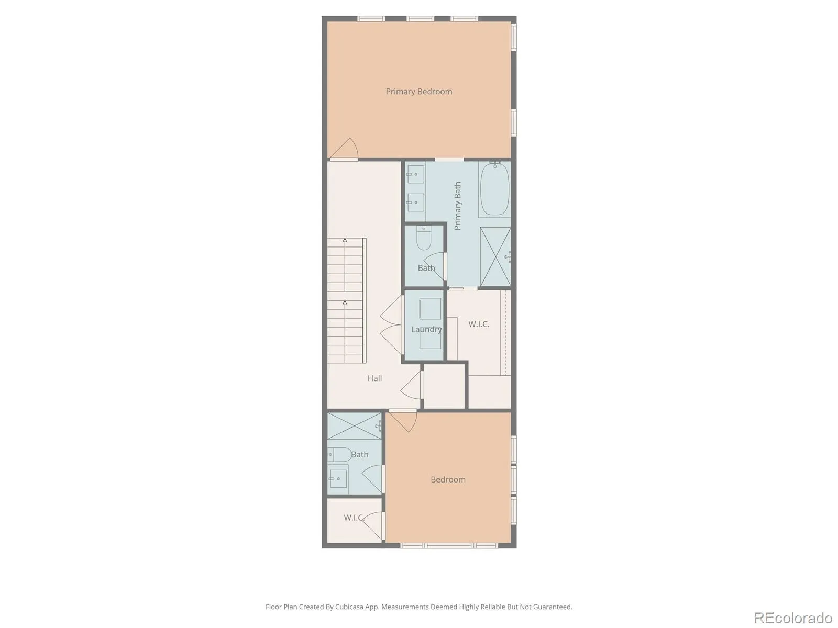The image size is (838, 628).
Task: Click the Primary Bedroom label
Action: pyautogui.click(x=419, y=92)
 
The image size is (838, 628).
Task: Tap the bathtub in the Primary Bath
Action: pyautogui.click(x=494, y=189)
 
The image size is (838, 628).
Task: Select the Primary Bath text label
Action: pyautogui.click(x=457, y=206)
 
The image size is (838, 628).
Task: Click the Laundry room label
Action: pyautogui.click(x=426, y=329)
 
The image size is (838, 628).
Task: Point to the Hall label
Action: pyautogui.click(x=374, y=378)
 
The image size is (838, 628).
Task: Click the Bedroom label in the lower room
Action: pyautogui.click(x=448, y=480)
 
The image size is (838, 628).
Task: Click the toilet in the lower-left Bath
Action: pyautogui.click(x=339, y=454)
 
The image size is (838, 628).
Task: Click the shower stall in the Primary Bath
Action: pyautogui.click(x=495, y=256)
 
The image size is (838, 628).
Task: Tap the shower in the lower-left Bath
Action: pyautogui.click(x=355, y=425)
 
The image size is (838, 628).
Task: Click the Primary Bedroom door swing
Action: pyautogui.click(x=344, y=148)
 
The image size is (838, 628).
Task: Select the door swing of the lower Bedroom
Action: pyautogui.click(x=403, y=421)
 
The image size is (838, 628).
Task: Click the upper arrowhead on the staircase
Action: pyautogui.click(x=345, y=240)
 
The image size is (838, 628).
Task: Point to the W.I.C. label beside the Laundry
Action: pyautogui.click(x=479, y=324)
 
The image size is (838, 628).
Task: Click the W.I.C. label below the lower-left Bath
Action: pyautogui.click(x=354, y=518)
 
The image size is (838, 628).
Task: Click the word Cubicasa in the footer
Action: pyautogui.click(x=348, y=607)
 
